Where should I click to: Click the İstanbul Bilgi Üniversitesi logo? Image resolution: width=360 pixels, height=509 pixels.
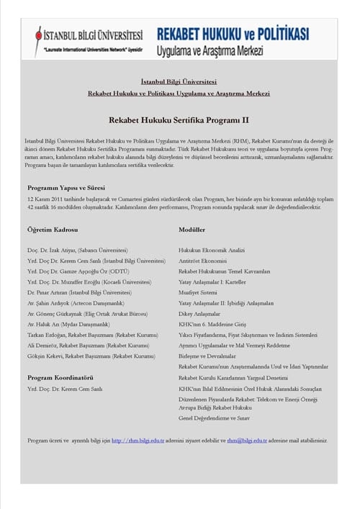pos(89,39)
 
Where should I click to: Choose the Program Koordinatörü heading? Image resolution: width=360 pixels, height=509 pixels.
pos(60,377)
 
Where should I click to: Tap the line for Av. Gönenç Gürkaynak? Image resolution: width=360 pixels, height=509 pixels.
pos(87,314)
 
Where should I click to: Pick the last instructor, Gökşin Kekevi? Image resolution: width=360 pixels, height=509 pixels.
pos(91,356)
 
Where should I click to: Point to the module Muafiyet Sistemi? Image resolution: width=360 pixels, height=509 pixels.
pos(197,293)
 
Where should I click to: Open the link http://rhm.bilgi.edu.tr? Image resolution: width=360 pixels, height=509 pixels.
pos(138,440)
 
